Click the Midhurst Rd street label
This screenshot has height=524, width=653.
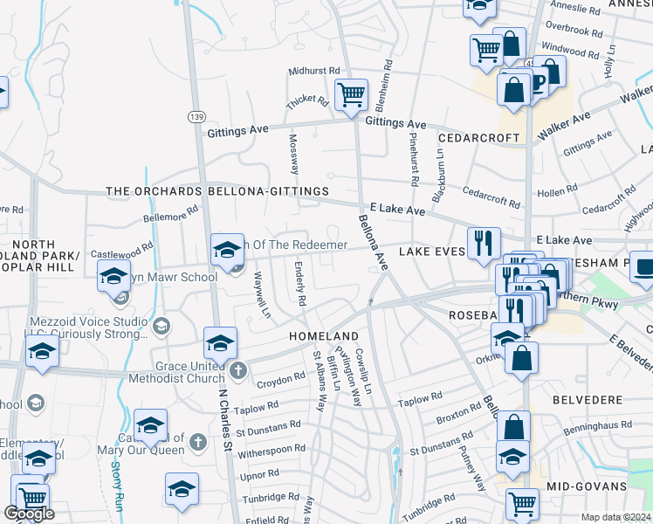pos(314,72)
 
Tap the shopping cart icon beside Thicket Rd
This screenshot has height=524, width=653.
pos(351,93)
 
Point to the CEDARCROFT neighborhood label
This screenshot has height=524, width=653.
pos(479,138)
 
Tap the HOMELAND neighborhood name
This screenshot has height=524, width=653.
pos(326,336)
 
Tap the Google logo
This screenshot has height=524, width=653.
pos(29,514)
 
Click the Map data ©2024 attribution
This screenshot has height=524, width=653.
pos(616,517)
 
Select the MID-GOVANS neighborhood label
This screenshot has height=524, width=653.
pos(587,485)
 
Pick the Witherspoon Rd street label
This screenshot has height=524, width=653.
pos(271,448)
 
